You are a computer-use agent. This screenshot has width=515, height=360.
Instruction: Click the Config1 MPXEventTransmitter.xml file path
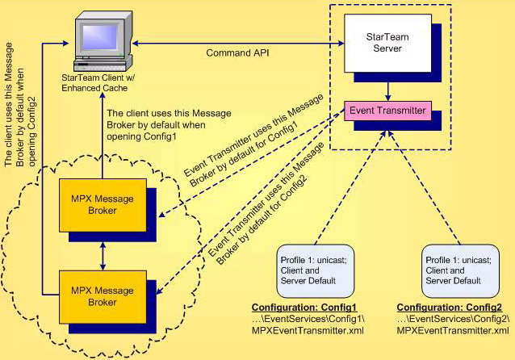tap(309, 324)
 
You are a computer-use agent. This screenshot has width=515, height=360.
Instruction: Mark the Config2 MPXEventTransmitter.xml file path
tap(453, 324)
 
